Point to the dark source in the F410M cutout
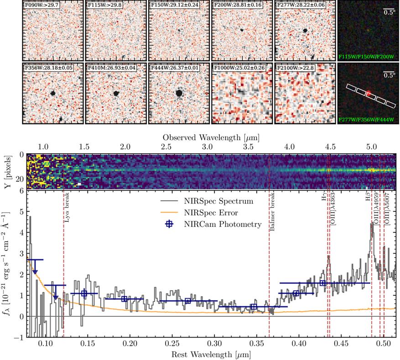pos(116,93)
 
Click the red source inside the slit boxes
pos(370,95)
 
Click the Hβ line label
pos(368,199)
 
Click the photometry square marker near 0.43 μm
pos(323,283)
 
